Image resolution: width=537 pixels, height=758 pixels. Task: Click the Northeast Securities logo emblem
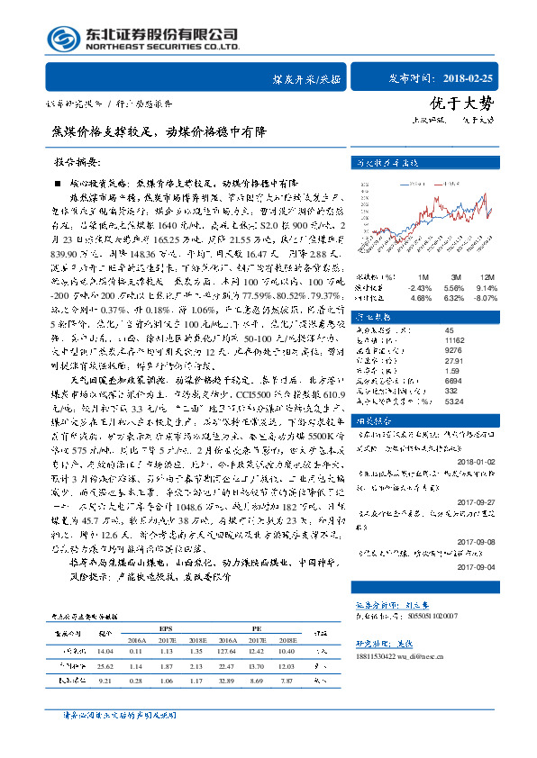(63, 39)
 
